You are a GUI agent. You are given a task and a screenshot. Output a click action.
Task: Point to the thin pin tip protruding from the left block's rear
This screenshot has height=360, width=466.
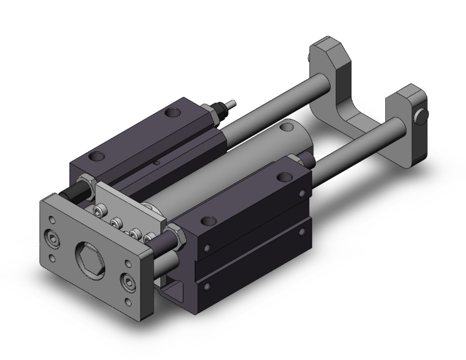click(232, 100)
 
